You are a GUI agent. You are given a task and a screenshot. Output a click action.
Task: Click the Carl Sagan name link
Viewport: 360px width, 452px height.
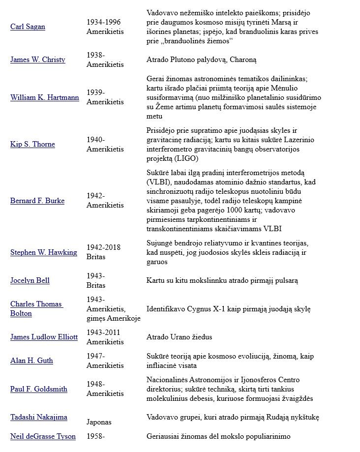tap(28, 27)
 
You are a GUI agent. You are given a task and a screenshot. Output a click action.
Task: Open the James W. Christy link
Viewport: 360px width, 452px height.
tap(38, 60)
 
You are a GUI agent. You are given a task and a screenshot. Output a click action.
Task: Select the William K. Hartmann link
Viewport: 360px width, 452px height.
tap(45, 97)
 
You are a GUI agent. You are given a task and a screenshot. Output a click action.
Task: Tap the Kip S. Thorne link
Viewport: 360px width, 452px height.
tap(32, 144)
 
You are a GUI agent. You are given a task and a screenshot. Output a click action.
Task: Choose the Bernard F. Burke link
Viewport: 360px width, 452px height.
tap(37, 201)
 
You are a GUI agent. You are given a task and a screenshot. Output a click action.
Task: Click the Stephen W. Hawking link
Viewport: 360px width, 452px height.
tap(44, 252)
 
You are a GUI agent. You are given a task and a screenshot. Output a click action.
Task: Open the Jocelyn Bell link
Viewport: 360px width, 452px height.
tap(30, 280)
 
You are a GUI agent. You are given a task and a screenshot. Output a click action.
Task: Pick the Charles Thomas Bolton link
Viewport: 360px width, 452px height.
tap(36, 309)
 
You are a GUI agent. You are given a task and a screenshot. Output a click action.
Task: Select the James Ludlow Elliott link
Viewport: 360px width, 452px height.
tap(44, 337)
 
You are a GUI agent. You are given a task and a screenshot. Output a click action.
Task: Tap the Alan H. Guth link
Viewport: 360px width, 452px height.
tap(31, 361)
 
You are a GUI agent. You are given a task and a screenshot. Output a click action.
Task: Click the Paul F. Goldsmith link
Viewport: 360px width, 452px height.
tap(39, 389)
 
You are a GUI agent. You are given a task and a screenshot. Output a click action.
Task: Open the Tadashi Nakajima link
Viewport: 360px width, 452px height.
tap(39, 417)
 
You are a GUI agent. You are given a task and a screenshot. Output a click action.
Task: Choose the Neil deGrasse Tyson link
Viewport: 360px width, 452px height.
tap(43, 436)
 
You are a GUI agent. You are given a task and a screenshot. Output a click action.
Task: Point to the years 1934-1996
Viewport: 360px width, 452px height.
tap(104, 22)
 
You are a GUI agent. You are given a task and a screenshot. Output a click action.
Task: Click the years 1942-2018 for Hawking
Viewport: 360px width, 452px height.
tap(104, 247)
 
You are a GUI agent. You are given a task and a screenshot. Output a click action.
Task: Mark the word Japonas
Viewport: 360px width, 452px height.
tap(99, 422)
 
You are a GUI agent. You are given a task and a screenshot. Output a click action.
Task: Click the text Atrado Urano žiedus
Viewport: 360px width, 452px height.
tap(180, 337)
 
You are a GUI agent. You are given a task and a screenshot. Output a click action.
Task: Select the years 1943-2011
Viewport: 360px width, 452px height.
tap(104, 332)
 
